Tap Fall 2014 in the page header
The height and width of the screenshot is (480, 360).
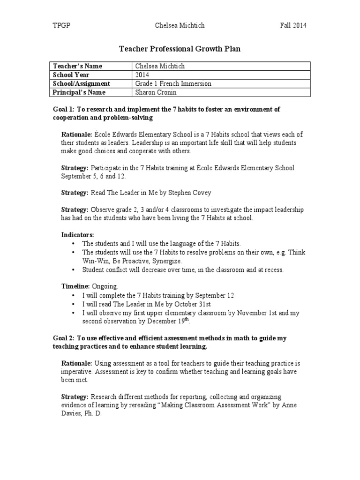pyautogui.click(x=293, y=25)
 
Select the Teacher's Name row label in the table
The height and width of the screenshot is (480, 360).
pyautogui.click(x=78, y=66)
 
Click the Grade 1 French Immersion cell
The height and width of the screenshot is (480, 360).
pyautogui.click(x=173, y=83)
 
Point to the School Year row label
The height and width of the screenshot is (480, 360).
pyautogui.click(x=72, y=75)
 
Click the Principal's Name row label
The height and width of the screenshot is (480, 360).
pyautogui.click(x=80, y=92)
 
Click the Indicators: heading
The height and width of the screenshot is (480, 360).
pyautogui.click(x=78, y=234)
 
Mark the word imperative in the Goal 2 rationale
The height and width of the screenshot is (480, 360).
pyautogui.click(x=78, y=372)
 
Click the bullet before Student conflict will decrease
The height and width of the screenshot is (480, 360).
pyautogui.click(x=74, y=270)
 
